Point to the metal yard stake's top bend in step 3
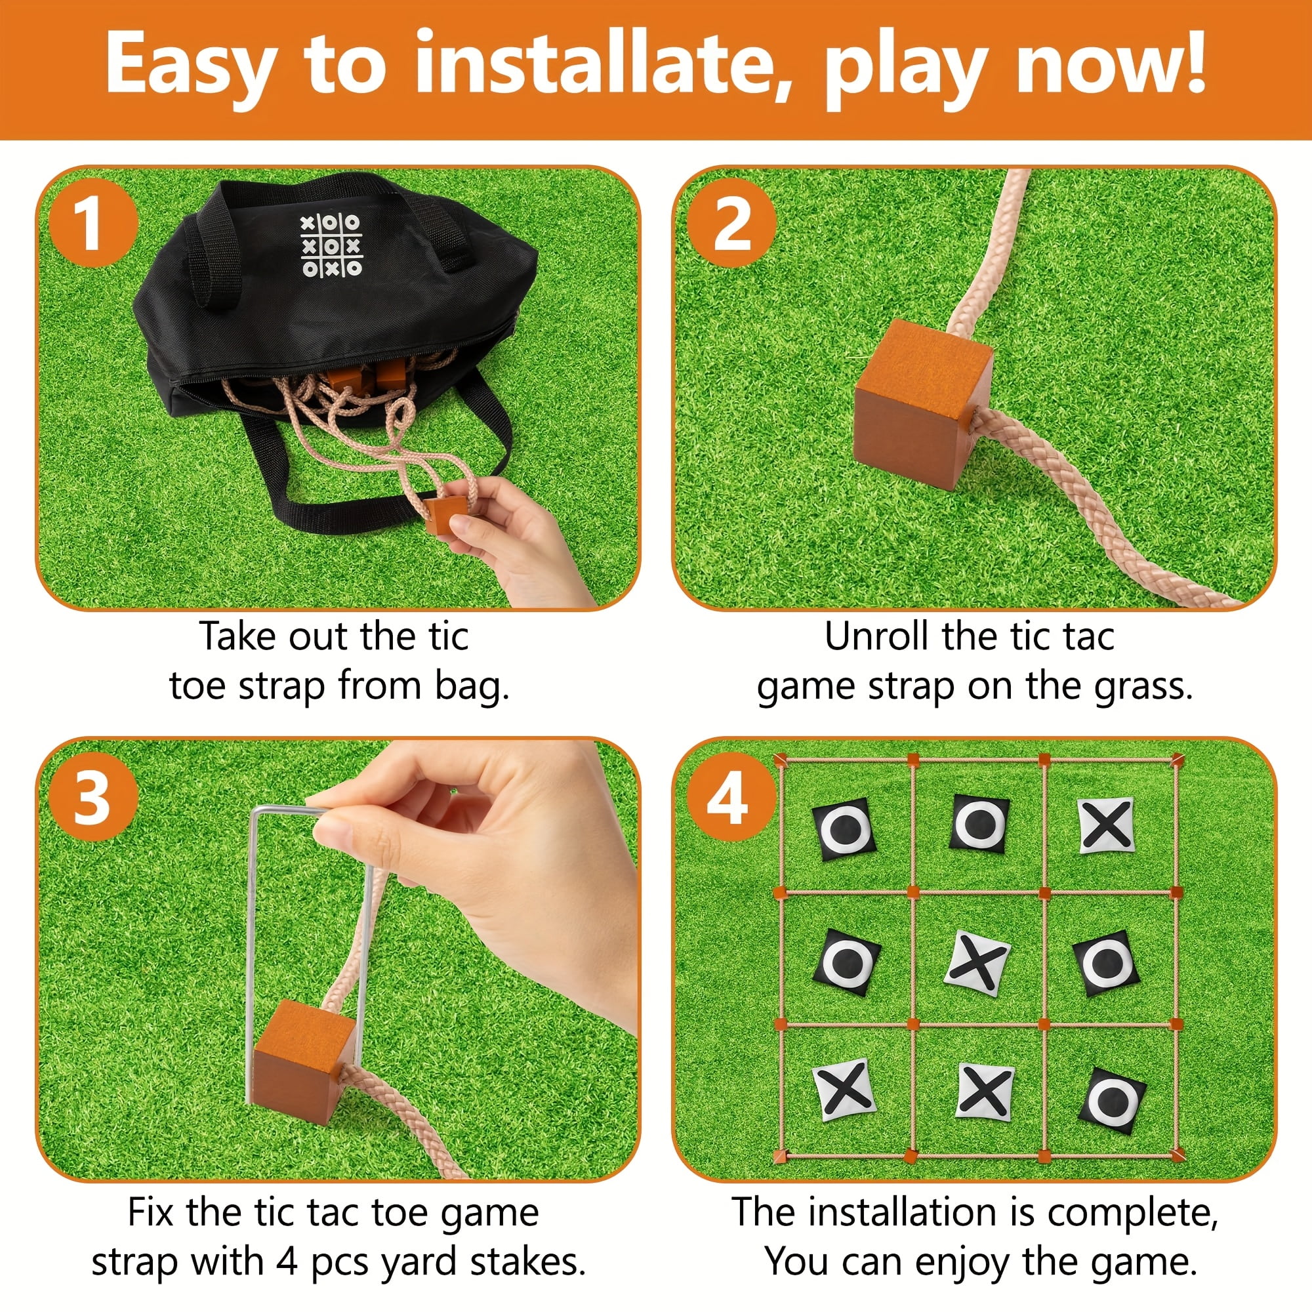285,808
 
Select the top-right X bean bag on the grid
1106,826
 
